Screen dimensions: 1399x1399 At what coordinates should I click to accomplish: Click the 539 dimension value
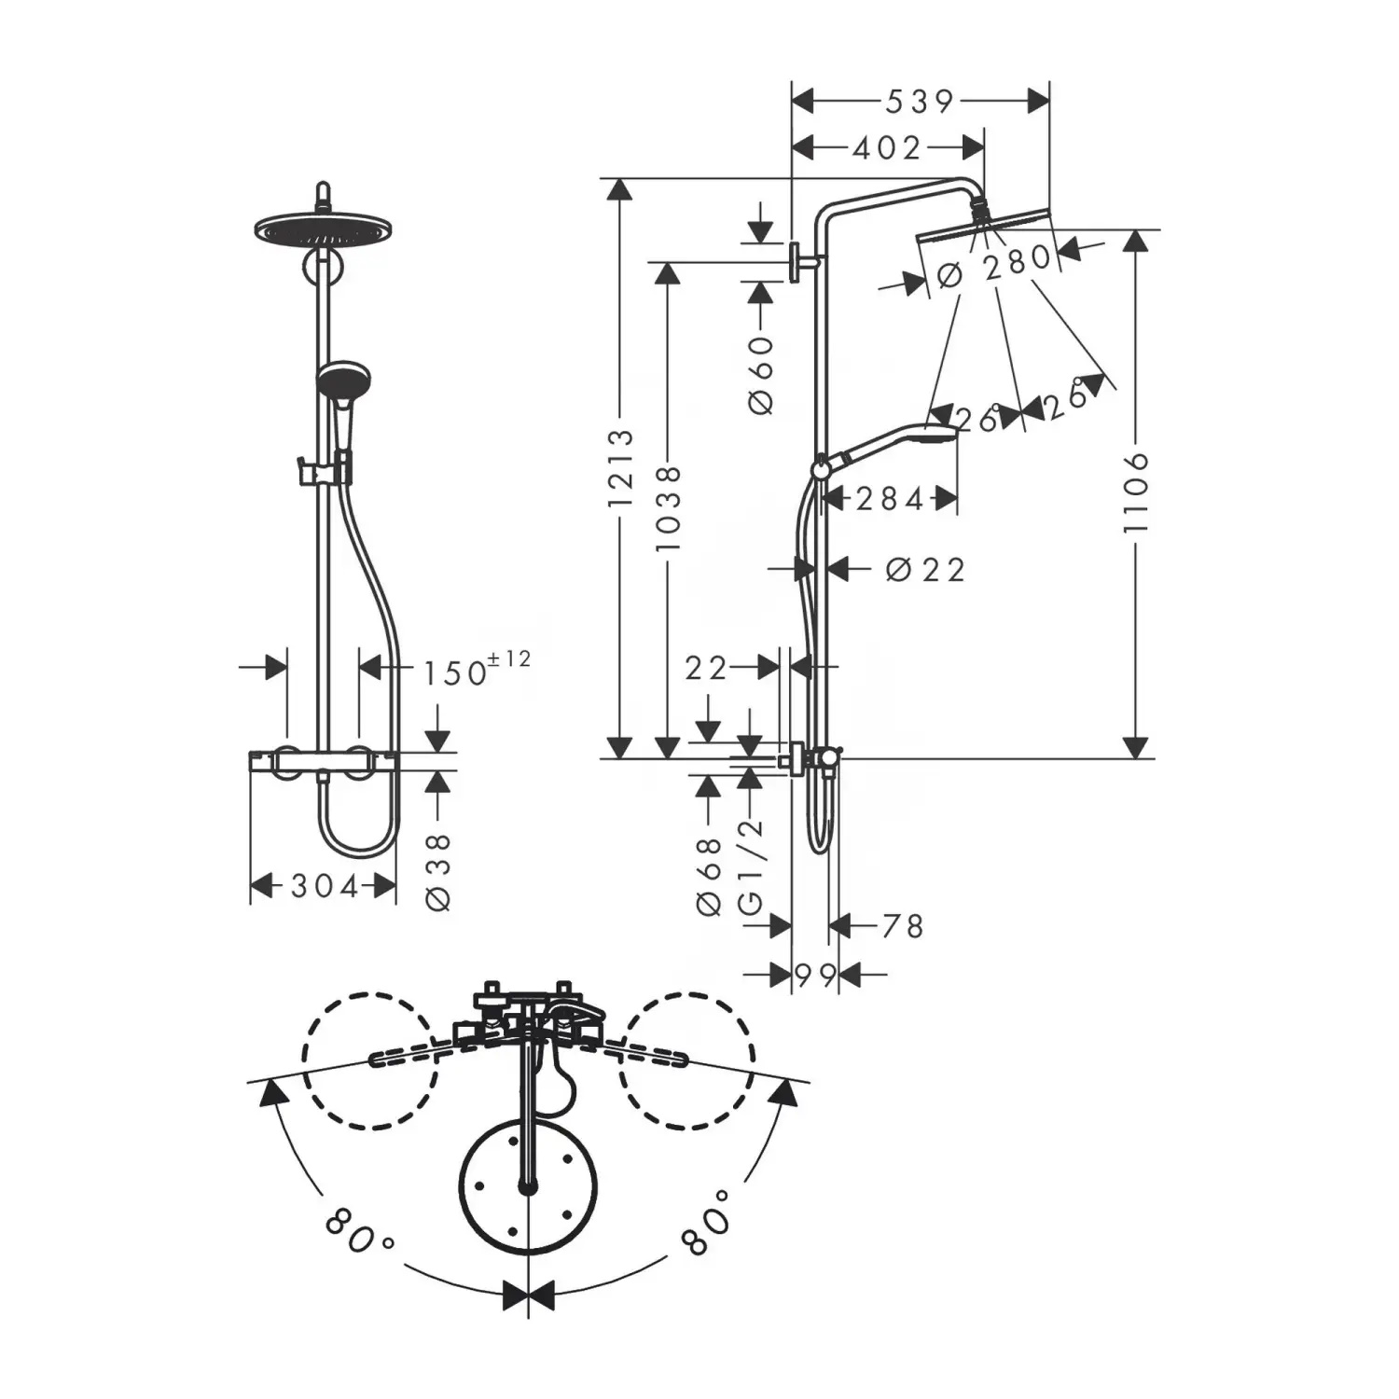coord(920,101)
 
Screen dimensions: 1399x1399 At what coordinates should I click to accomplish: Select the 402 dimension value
coord(886,147)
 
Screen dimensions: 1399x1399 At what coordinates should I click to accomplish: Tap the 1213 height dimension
coord(620,469)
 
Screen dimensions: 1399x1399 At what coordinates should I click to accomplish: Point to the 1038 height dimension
coord(669,508)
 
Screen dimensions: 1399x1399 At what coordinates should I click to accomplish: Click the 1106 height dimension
coord(1135,493)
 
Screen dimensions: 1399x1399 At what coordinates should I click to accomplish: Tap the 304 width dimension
coord(325,885)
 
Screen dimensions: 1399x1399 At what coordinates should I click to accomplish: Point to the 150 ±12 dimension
coord(477,669)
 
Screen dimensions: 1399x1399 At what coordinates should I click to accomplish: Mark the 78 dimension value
coord(901,926)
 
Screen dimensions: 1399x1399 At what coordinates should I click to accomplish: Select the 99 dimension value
coord(815,975)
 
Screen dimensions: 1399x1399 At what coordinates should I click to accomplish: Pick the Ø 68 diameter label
coord(709,876)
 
